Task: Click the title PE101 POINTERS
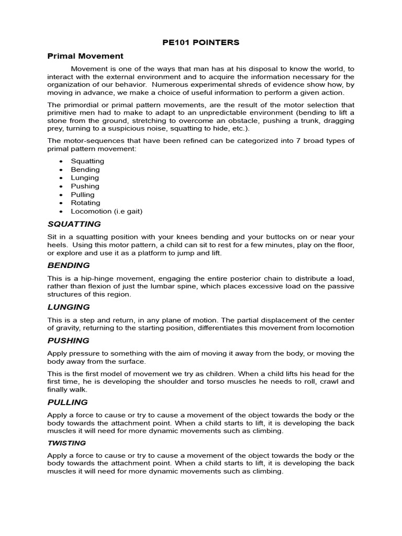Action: tap(201, 42)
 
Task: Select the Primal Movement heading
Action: tap(85, 55)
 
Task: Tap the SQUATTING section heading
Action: tap(74, 224)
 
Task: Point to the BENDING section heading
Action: tap(69, 265)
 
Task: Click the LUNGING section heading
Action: tap(69, 307)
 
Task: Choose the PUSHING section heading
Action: tap(69, 341)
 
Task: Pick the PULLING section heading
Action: tap(68, 403)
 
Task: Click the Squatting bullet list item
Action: tap(87, 161)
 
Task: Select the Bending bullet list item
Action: tap(85, 170)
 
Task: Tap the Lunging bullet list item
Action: tap(85, 178)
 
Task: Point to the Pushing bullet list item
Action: tap(85, 186)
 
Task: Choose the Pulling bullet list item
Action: tap(83, 195)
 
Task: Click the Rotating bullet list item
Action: tap(85, 203)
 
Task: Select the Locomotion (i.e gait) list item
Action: tap(107, 211)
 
